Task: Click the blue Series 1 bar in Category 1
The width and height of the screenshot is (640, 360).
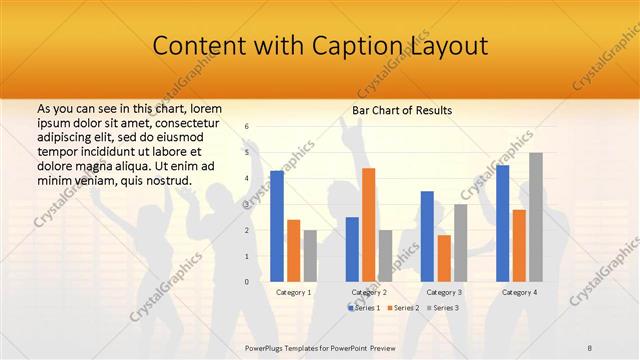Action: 277,227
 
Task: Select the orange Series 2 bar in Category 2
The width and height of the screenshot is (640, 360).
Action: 368,225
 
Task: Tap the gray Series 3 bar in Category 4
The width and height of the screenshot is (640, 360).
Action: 536,217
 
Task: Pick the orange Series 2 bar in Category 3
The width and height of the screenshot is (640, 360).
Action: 443,258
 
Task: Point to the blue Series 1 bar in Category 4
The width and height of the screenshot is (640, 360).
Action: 502,223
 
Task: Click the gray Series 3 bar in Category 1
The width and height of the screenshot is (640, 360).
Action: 310,256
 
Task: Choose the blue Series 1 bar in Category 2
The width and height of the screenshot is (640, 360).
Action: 352,249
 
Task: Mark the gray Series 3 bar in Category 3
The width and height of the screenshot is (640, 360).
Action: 460,243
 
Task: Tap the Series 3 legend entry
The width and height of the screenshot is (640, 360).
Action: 443,308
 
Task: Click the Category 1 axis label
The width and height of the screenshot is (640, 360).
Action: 293,292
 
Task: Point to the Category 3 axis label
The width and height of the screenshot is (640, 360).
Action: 444,292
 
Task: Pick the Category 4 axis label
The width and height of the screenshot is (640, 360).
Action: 519,292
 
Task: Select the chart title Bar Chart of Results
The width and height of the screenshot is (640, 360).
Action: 402,110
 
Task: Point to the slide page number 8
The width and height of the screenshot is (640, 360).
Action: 590,348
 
